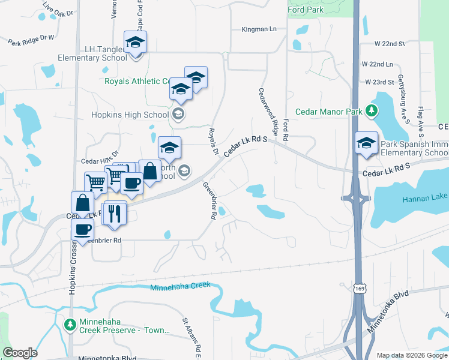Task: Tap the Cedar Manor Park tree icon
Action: [x=372, y=111]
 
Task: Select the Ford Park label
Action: [x=305, y=10]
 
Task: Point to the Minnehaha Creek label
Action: [x=180, y=286]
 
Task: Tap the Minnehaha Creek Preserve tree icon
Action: [x=70, y=325]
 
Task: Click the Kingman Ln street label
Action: [x=259, y=29]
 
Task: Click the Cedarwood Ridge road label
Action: [x=268, y=110]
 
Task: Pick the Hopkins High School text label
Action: [x=130, y=115]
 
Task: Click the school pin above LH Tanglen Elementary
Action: [x=135, y=43]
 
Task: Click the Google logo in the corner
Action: [x=20, y=353]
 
